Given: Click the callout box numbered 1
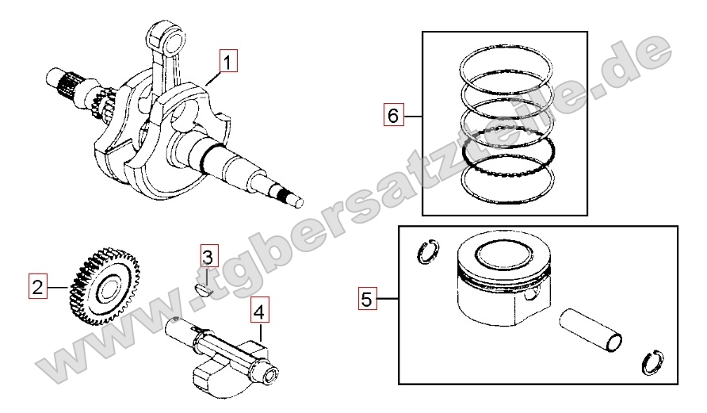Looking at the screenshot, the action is coord(227,62).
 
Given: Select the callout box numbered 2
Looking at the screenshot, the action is coord(37,286).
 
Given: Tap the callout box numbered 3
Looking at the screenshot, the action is coord(208,257).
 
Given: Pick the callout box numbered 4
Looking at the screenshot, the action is coord(259,311).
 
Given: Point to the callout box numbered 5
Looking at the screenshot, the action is coord(367,299).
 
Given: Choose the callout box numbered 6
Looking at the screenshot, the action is coord(393,115).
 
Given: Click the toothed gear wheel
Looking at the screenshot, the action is coord(105,286).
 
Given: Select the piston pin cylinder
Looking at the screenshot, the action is coord(590,329).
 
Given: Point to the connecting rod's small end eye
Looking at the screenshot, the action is coord(166,38).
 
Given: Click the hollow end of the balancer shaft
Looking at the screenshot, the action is coord(271,375).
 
